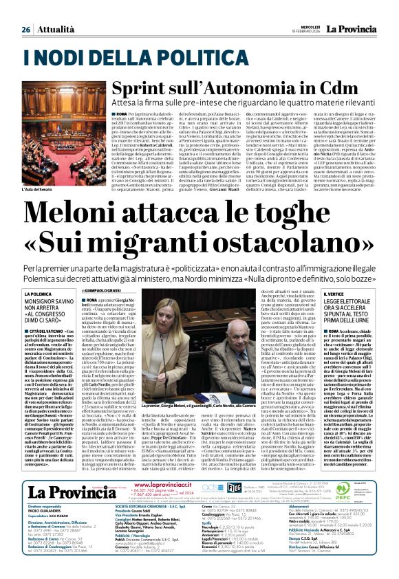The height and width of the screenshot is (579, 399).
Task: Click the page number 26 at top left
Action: click(26, 30)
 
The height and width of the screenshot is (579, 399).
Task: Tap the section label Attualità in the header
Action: click(56, 30)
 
